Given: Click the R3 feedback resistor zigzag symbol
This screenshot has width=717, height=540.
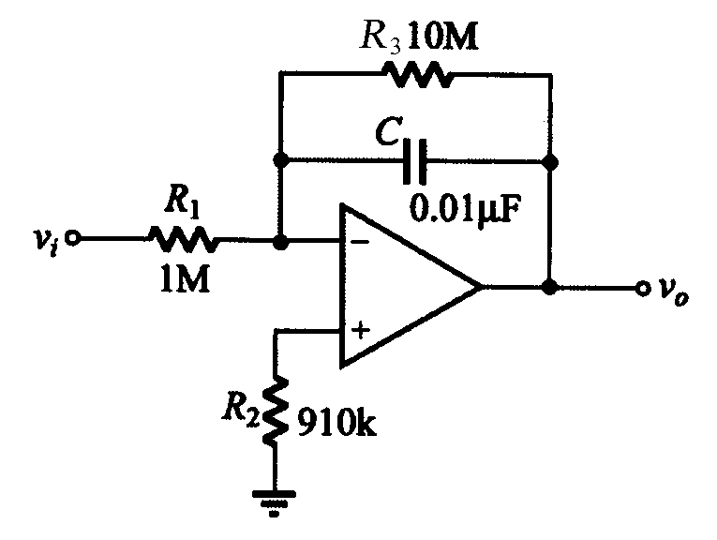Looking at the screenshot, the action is (418, 74).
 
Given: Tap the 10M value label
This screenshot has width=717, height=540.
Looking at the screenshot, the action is (442, 37).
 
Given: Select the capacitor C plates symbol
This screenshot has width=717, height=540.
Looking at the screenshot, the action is (415, 161).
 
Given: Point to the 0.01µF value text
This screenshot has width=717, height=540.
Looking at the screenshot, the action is (465, 209).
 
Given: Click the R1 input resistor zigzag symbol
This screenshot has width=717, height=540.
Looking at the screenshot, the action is (183, 239).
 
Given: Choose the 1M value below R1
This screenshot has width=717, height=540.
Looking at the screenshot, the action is (185, 279).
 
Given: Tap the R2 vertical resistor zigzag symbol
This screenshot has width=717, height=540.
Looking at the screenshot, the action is (276, 411).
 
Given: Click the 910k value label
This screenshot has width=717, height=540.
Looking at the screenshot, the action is (337, 423).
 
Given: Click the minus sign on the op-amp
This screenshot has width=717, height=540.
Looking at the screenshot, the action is (361, 242).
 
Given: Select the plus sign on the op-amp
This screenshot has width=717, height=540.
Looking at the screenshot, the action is (361, 330).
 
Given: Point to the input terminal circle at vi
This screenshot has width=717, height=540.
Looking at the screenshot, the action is (73, 238).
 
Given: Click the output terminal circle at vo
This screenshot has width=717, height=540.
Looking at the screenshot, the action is (643, 288).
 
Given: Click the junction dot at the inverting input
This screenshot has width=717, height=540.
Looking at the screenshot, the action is (280, 242).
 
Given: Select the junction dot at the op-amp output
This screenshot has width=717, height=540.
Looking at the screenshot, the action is (549, 287).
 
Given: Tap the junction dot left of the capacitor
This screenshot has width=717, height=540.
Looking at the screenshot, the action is (281, 160).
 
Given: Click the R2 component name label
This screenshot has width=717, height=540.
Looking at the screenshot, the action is (241, 408).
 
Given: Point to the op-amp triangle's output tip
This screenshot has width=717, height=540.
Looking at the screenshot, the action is (483, 287).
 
